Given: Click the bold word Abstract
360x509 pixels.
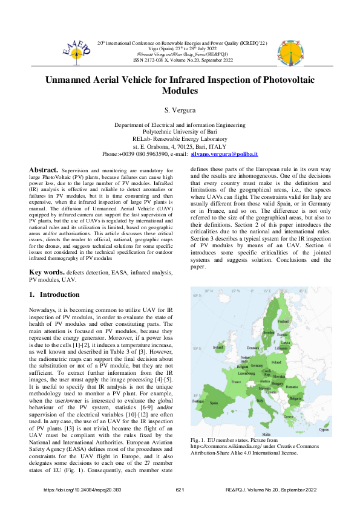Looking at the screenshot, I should (x=44, y=170).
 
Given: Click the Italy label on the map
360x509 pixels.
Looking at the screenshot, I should (x=260, y=400).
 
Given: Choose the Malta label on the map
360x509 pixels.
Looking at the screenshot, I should (x=266, y=434).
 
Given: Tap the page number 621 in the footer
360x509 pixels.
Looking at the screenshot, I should (x=180, y=489).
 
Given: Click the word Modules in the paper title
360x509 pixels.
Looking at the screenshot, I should (x=180, y=91).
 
